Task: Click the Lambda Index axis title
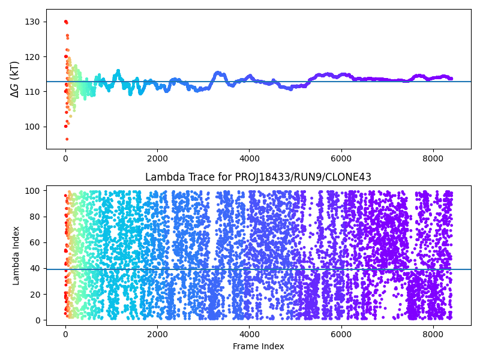tap(16, 255)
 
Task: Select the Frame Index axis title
tap(258, 346)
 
